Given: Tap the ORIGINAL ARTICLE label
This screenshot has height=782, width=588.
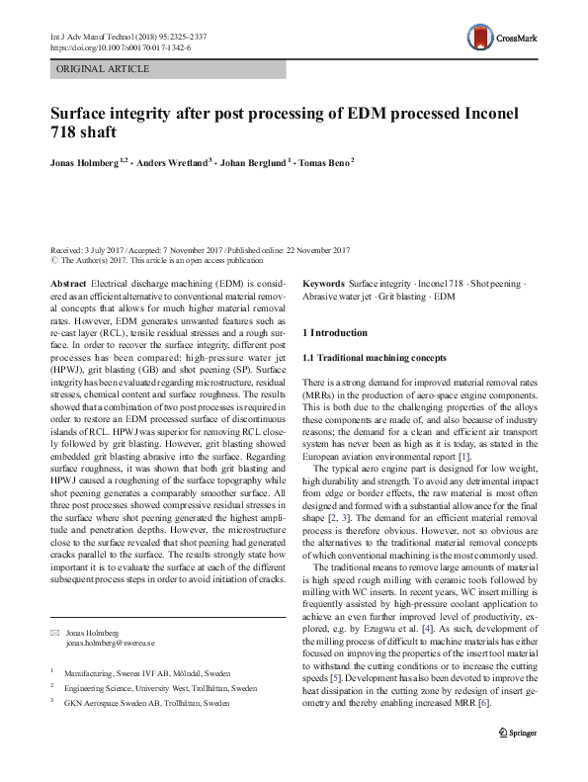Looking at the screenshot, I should tap(103, 69).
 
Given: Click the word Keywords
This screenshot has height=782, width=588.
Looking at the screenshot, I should tap(324, 282).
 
